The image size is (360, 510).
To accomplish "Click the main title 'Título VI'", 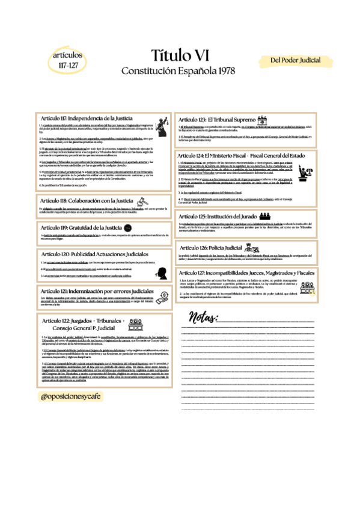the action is [180, 56].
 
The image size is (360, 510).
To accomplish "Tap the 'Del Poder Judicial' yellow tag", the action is [295, 61].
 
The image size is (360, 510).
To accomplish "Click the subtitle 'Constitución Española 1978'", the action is [178, 71].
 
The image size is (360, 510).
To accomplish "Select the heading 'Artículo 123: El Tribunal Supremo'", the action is [214, 119].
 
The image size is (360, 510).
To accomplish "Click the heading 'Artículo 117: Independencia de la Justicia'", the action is [87, 118].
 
